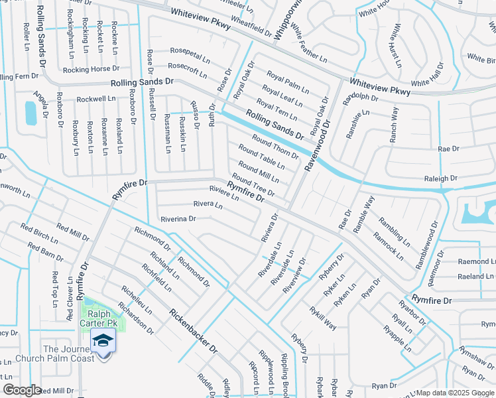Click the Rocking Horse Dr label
coord(92,69)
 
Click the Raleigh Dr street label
coord(441,178)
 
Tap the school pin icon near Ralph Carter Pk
coord(103,342)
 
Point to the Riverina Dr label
coord(178,218)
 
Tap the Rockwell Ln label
coord(95,99)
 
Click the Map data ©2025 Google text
coord(455,393)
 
